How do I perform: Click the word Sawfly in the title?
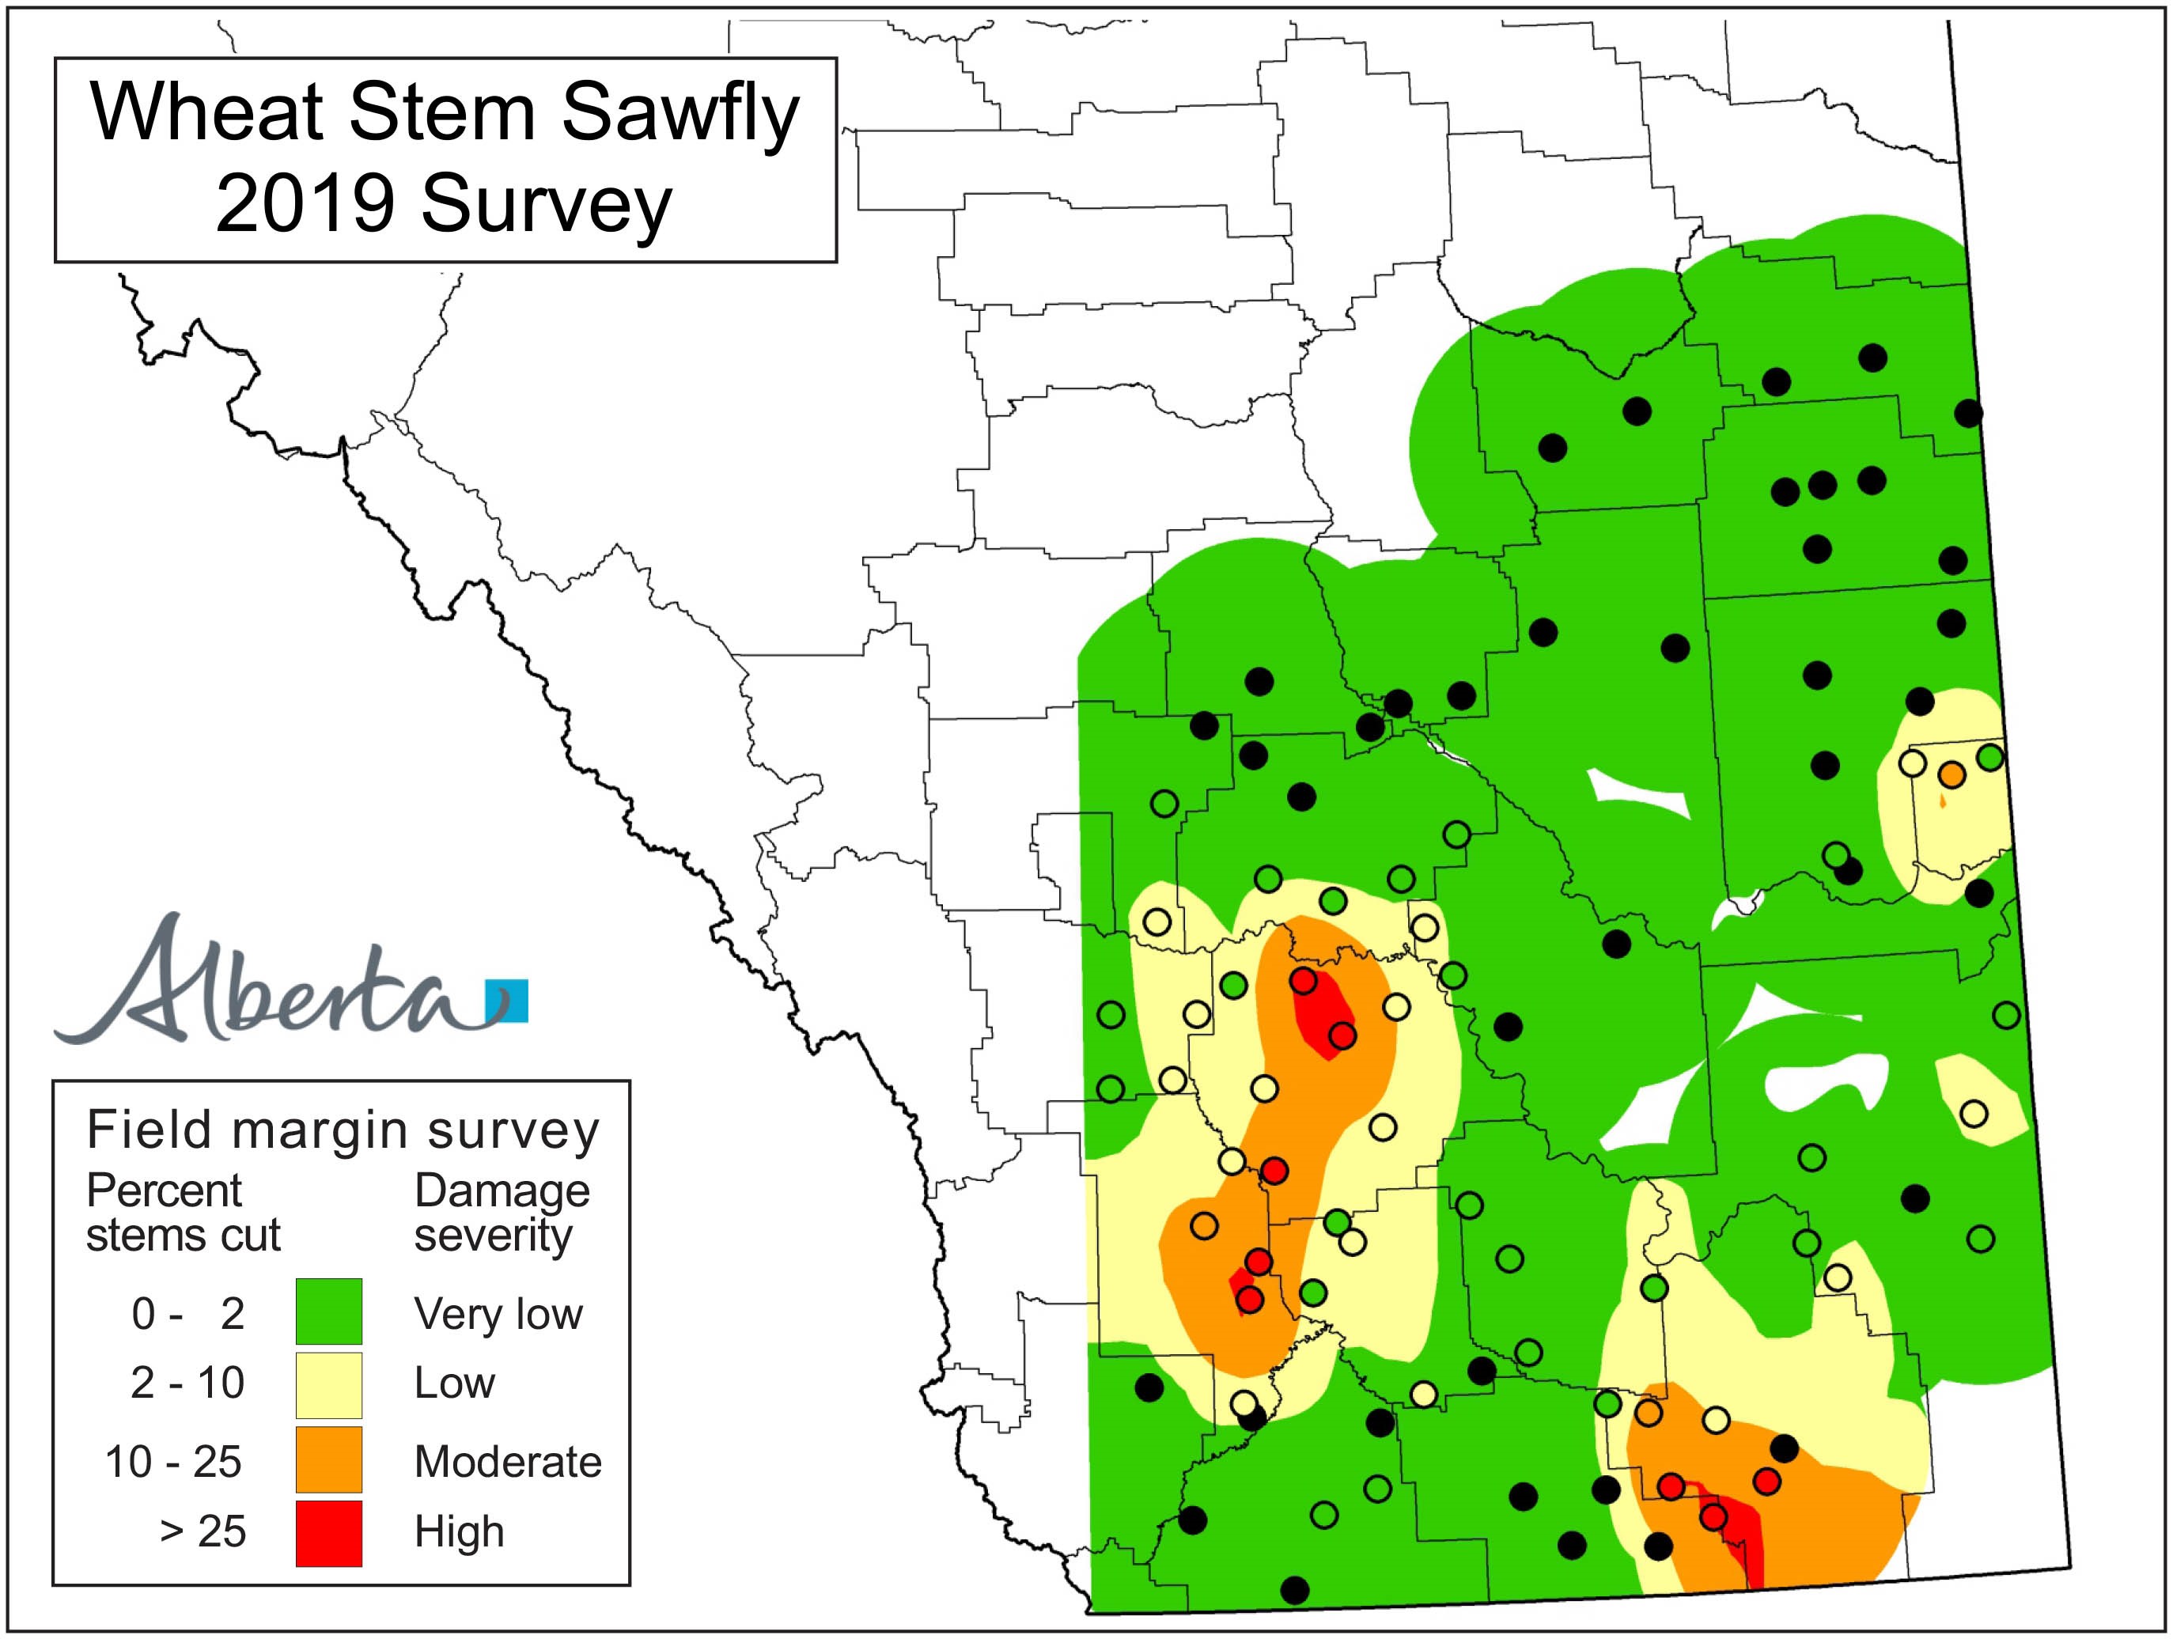point(681,114)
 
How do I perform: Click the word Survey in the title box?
point(546,206)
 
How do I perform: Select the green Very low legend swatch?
point(329,1311)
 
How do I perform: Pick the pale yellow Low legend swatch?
point(329,1384)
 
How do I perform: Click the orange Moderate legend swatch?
point(329,1459)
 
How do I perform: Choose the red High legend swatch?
point(329,1533)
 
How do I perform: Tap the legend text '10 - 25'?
point(173,1462)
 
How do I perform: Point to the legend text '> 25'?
point(203,1531)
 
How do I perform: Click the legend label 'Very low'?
point(498,1314)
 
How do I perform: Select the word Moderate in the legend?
point(507,1462)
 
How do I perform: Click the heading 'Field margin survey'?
point(343,1130)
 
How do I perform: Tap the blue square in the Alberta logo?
point(508,1001)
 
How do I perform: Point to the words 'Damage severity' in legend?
point(501,1213)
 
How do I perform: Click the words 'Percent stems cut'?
point(183,1213)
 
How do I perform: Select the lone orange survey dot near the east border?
point(1952,774)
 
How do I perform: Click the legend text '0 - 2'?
point(187,1314)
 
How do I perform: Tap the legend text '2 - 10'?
point(187,1383)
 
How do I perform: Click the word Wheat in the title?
point(206,114)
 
